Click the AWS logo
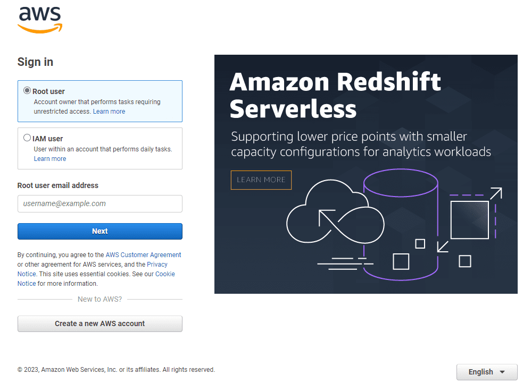[x=40, y=20]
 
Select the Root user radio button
[x=27, y=91]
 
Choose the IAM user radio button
[x=27, y=138]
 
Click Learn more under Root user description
[x=109, y=112]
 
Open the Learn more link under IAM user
[x=50, y=159]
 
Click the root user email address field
[x=100, y=203]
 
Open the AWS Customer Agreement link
[x=143, y=255]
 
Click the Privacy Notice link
[x=157, y=265]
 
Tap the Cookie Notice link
[x=165, y=274]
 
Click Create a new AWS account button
[x=100, y=324]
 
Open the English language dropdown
[x=487, y=372]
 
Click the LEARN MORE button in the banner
[x=261, y=180]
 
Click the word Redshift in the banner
[x=389, y=82]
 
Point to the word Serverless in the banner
[x=293, y=109]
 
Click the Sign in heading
[x=35, y=62]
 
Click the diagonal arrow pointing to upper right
[x=495, y=193]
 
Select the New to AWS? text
[x=99, y=299]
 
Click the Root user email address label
[x=58, y=185]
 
